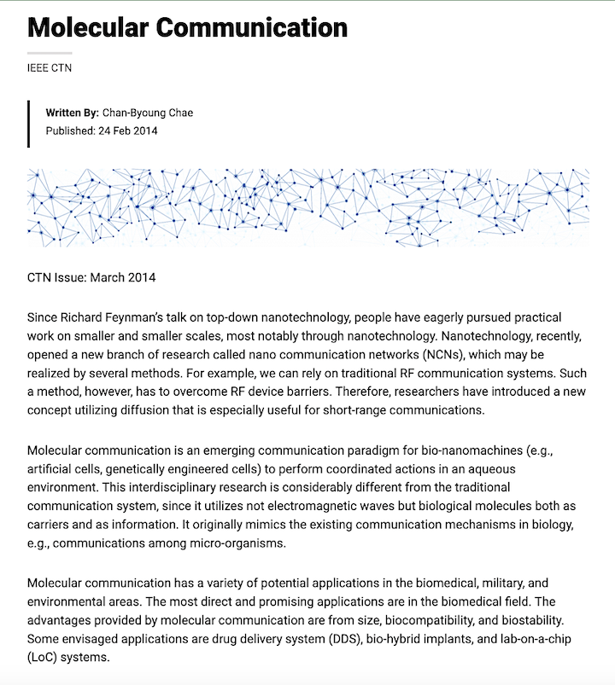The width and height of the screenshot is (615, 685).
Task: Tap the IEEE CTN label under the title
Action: (50, 67)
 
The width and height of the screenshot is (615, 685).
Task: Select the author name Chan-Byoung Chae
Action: (148, 113)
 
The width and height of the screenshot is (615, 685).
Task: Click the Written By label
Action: (72, 113)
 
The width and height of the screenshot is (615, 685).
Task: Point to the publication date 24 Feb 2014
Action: (127, 131)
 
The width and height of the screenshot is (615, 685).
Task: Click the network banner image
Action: (307, 207)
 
